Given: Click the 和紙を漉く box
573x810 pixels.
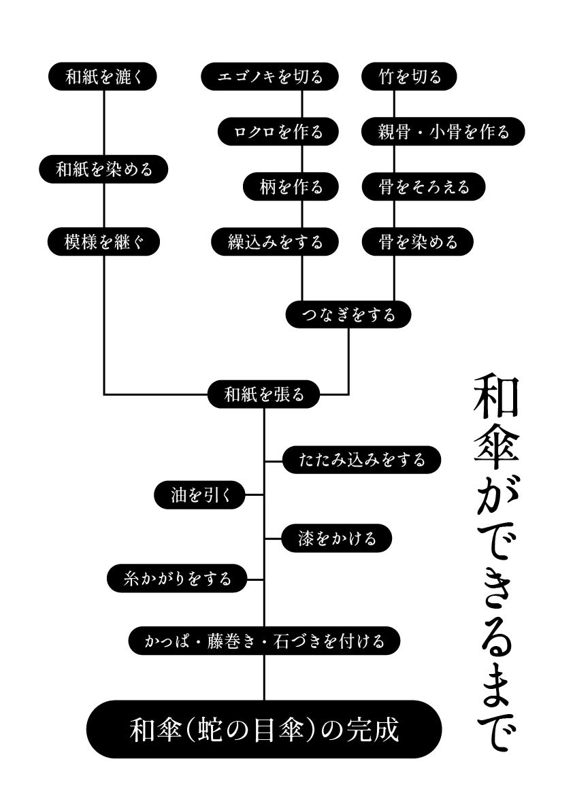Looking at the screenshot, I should pyautogui.click(x=103, y=77).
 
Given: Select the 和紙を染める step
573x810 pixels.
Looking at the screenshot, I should pyautogui.click(x=103, y=169).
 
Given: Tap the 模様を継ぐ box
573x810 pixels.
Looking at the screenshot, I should pyautogui.click(x=103, y=242).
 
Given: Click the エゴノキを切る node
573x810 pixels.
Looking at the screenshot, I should pyautogui.click(x=270, y=77).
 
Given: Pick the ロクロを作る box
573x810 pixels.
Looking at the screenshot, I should pyautogui.click(x=278, y=131).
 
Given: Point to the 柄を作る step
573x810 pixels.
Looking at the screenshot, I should pyautogui.click(x=291, y=186).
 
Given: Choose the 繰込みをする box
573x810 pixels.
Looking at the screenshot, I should pyautogui.click(x=275, y=242).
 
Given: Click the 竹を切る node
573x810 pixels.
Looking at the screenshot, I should pyautogui.click(x=408, y=77).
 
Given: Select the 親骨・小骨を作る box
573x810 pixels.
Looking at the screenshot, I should pyautogui.click(x=443, y=131).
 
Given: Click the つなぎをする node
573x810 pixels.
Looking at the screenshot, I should pyautogui.click(x=348, y=314).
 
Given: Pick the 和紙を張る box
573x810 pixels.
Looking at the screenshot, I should pyautogui.click(x=263, y=394).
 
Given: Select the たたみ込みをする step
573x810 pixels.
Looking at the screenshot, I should pyautogui.click(x=361, y=460).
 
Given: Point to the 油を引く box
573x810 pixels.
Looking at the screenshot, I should pyautogui.click(x=198, y=496).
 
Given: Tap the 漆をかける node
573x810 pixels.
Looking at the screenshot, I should pyautogui.click(x=338, y=539).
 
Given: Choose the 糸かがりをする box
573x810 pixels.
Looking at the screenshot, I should pyautogui.click(x=177, y=579).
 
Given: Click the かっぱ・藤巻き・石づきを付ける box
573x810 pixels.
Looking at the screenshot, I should pyautogui.click(x=263, y=641).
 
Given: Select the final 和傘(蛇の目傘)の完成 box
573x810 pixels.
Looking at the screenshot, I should pyautogui.click(x=263, y=730).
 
